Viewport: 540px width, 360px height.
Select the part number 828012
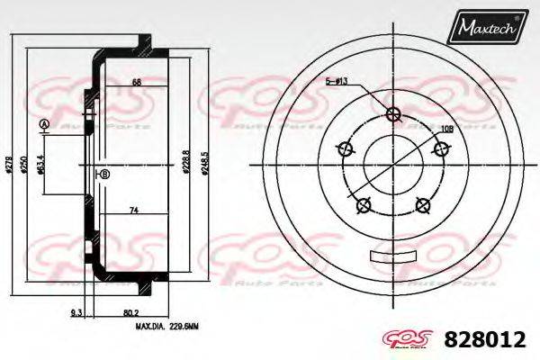coord(487,339)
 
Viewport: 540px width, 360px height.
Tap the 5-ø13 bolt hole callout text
coord(337,81)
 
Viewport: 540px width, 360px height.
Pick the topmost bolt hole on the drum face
coord(392,113)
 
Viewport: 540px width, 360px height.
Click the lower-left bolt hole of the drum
coord(364,206)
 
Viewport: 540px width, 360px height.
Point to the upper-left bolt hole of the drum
coord(344,149)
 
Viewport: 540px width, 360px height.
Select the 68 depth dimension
coord(136,83)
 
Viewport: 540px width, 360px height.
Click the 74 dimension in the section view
coord(132,211)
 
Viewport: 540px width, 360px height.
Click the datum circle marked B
coord(104,174)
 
